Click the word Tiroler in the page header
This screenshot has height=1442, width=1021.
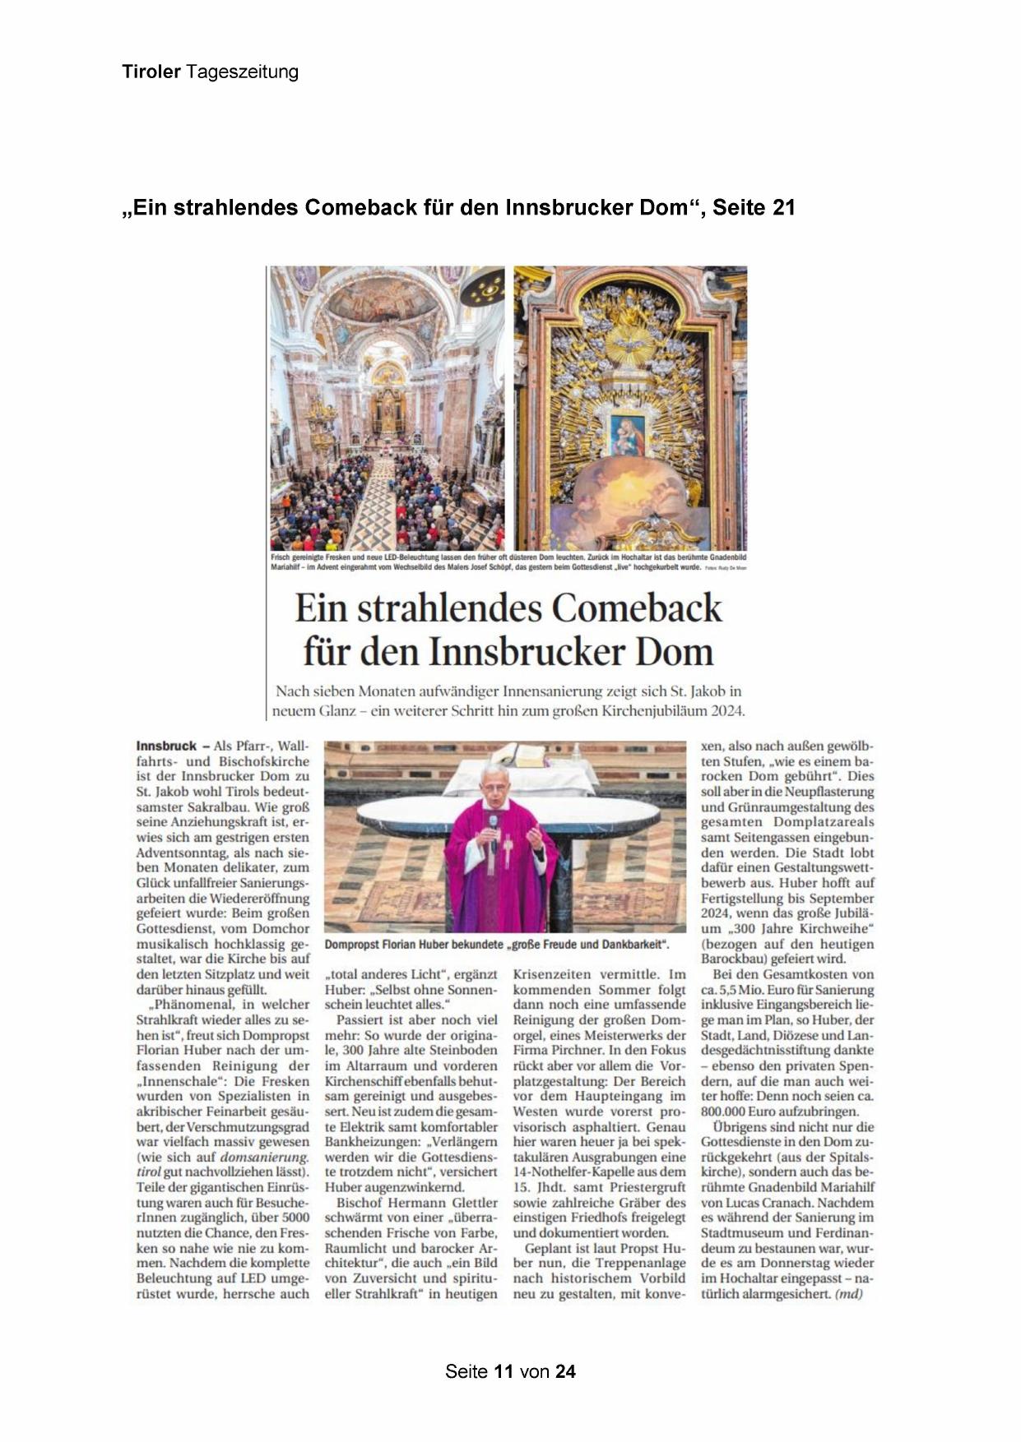(151, 72)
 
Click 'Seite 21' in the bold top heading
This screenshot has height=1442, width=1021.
(754, 208)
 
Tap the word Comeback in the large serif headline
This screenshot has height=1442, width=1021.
(636, 609)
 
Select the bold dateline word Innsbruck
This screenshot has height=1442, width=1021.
(167, 746)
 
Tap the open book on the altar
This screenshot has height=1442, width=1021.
(522, 754)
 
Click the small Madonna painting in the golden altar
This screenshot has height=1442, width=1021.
(628, 433)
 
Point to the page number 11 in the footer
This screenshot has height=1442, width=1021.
(504, 1371)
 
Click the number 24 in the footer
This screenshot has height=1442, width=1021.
(565, 1371)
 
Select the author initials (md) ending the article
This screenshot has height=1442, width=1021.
(848, 1294)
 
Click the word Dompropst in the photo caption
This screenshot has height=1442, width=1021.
(355, 945)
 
